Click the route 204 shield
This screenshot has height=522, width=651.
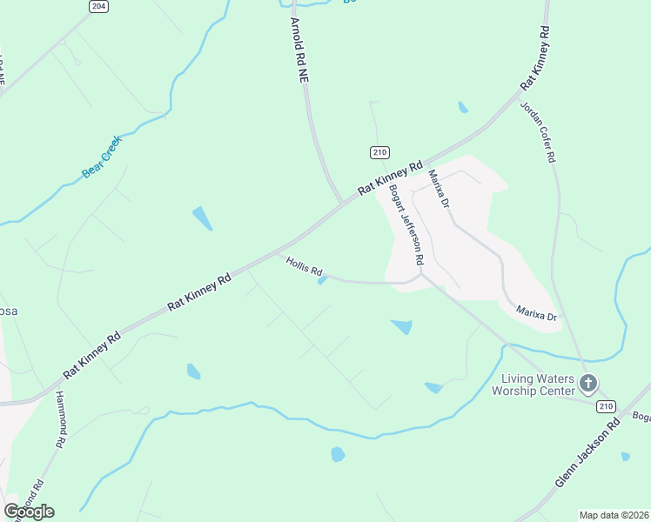(98, 6)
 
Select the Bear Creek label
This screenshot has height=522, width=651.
(102, 157)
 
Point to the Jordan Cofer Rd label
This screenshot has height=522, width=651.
(537, 132)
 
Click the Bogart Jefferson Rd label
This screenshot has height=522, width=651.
(406, 224)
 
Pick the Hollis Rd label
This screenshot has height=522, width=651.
(305, 265)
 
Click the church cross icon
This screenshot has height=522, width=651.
(588, 383)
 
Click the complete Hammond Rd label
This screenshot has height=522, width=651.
(60, 419)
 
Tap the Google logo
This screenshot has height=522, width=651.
(29, 511)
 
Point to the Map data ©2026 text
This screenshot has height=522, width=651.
(614, 515)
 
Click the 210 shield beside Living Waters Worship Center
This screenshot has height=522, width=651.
(605, 406)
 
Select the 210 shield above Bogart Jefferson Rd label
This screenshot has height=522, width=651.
(379, 152)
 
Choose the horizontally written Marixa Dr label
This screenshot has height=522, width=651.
(536, 314)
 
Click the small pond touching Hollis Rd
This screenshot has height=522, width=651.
(322, 280)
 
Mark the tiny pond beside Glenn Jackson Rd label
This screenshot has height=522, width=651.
(626, 456)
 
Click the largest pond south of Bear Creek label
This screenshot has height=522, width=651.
(201, 218)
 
